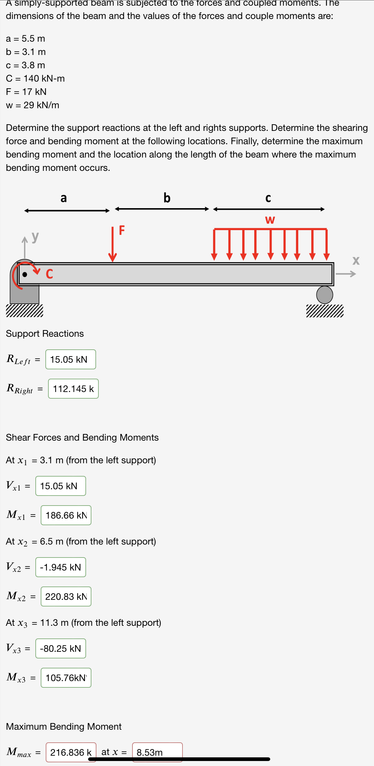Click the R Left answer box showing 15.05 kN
click(70, 359)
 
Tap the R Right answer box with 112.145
click(73, 389)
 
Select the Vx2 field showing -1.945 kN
click(60, 567)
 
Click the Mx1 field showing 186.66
click(66, 515)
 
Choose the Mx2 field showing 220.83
click(66, 596)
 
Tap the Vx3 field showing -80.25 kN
click(60, 648)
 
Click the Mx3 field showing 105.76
click(66, 678)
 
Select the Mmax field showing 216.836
click(71, 752)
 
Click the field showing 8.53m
click(157, 752)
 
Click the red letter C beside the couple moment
click(49, 274)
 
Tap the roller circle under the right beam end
click(324, 295)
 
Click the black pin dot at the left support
click(25, 274)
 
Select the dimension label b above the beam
click(167, 198)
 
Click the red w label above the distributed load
click(270, 220)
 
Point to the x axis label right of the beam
click(356, 260)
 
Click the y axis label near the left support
click(35, 237)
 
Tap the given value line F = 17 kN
click(26, 92)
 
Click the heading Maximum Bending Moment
click(64, 726)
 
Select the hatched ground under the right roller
click(325, 311)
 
